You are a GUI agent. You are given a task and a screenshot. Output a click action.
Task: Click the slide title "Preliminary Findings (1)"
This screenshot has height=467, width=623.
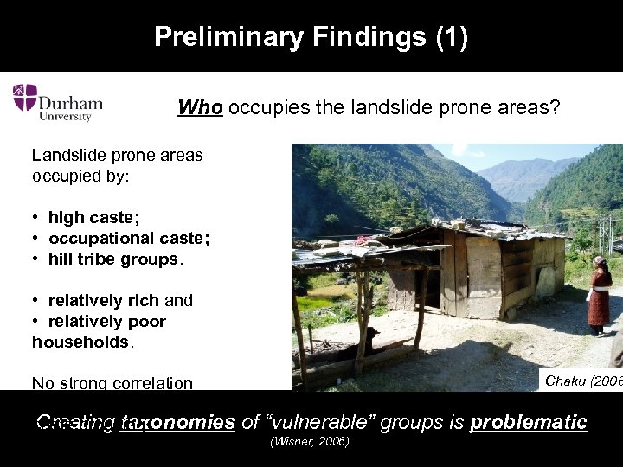[311, 37]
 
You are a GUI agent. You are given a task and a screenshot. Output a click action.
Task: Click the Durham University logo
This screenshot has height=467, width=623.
[57, 103]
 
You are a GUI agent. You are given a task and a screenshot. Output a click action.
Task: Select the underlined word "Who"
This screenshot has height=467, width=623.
[200, 107]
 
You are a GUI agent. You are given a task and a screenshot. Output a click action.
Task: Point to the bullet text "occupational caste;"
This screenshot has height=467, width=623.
[129, 239]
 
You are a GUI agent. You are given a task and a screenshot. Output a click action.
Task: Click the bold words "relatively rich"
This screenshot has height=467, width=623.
[103, 301]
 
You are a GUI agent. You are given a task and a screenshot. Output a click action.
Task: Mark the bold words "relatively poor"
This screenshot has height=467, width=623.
[106, 322]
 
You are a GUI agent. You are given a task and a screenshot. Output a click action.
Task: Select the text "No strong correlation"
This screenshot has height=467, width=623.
[112, 383]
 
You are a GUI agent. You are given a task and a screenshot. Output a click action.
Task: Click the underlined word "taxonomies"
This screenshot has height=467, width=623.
[179, 423]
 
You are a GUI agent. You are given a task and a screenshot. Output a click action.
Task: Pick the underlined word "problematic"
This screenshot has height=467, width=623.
[528, 423]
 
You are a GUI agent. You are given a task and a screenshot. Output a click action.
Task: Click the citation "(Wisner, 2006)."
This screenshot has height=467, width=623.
[311, 442]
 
